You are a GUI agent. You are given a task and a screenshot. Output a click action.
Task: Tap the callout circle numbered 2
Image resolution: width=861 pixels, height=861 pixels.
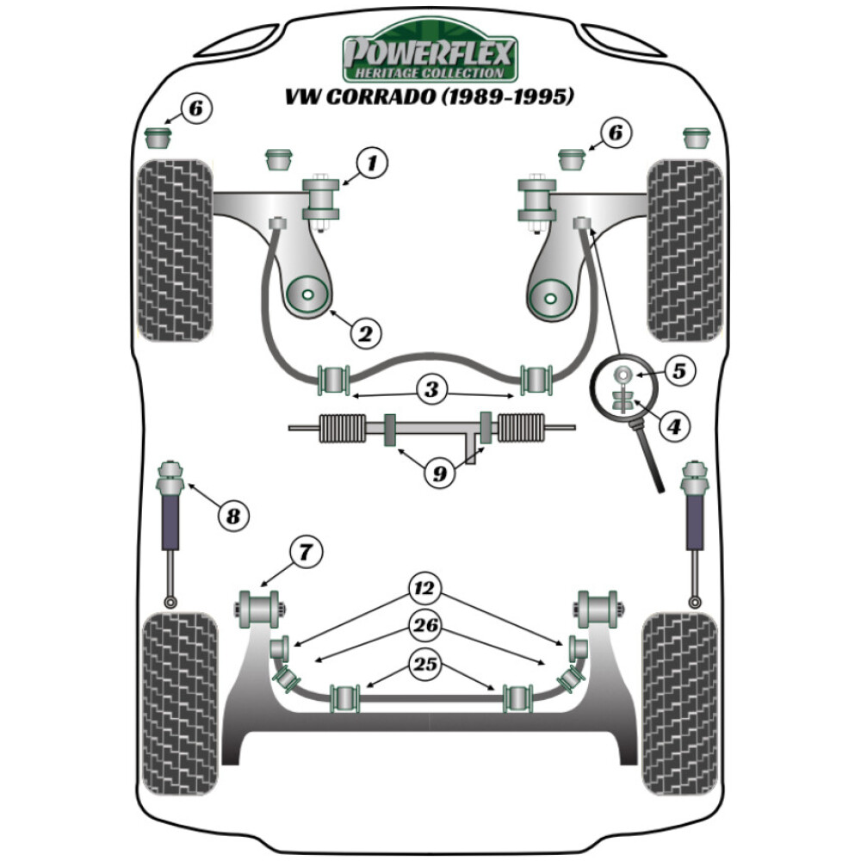pyautogui.click(x=365, y=331)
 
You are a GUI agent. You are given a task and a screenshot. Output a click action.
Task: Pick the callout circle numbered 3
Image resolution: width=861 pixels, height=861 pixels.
pyautogui.click(x=430, y=389)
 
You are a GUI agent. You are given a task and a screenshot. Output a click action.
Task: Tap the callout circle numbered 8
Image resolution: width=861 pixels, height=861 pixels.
pyautogui.click(x=232, y=516)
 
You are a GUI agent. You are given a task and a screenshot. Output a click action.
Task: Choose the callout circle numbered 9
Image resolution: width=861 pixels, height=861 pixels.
pyautogui.click(x=439, y=473)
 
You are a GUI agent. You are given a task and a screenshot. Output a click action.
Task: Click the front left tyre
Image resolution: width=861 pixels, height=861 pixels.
pyautogui.click(x=176, y=250)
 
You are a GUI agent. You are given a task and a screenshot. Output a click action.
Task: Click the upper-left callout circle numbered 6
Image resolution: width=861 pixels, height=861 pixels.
pyautogui.click(x=195, y=108)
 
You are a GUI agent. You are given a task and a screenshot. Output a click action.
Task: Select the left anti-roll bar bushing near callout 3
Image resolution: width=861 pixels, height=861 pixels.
pyautogui.click(x=333, y=379)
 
